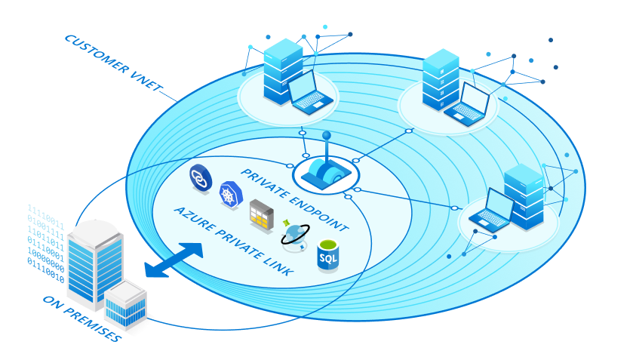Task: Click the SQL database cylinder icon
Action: click(x=328, y=255)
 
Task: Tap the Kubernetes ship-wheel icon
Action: click(x=228, y=195)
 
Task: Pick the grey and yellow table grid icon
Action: click(x=261, y=215)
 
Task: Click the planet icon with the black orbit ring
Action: click(x=294, y=236)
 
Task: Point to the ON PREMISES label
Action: click(x=82, y=317)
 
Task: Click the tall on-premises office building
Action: click(x=94, y=260)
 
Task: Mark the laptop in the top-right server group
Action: click(x=470, y=102)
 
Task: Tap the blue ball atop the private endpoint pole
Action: click(x=327, y=136)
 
